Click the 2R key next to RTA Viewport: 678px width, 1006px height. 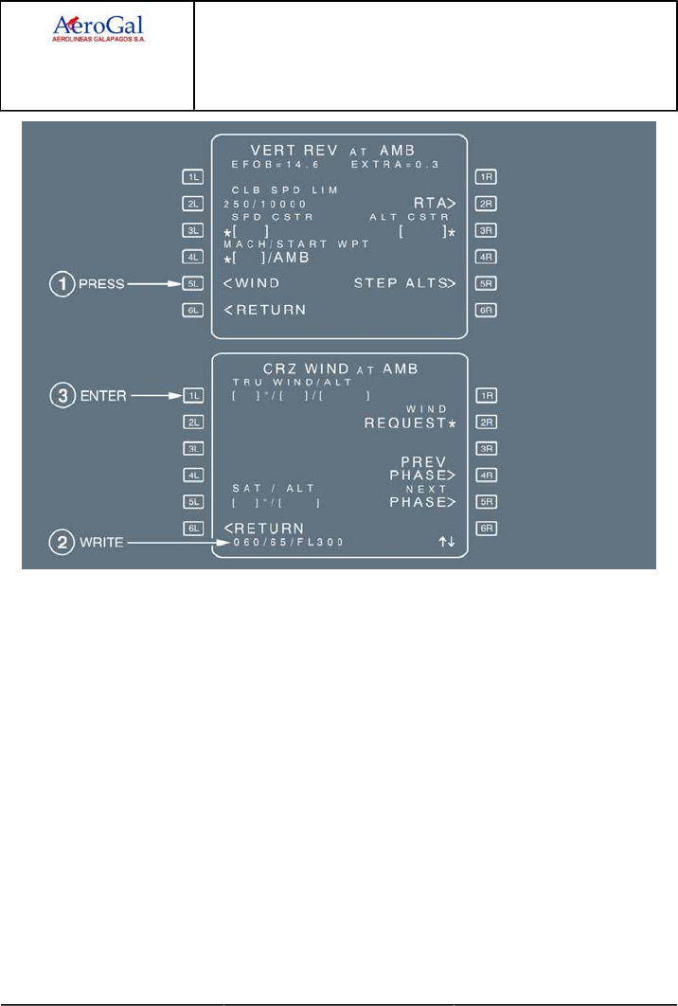[x=486, y=203]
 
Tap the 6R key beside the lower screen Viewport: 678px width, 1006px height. [x=486, y=528]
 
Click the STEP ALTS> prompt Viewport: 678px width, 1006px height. [x=405, y=282]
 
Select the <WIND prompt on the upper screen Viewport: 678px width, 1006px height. [x=252, y=282]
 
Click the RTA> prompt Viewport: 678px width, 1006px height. [x=436, y=203]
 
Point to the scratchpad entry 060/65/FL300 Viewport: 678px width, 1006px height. [x=284, y=543]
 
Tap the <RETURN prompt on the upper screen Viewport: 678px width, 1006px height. [x=265, y=309]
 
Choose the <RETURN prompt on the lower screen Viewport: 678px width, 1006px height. [x=265, y=528]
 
